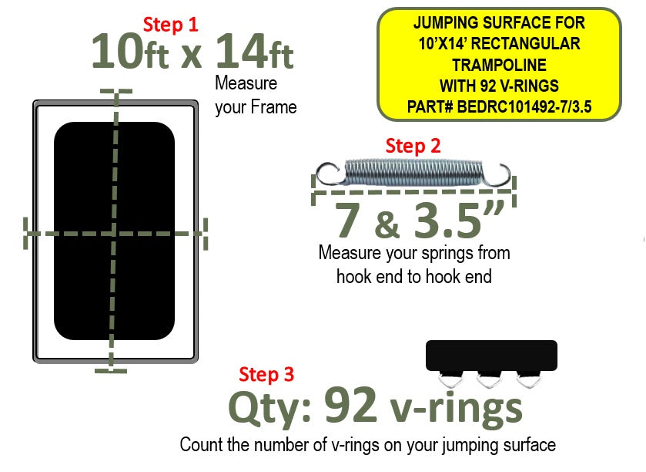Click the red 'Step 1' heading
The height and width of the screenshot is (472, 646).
point(171,25)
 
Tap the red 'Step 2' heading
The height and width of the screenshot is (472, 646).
point(413,146)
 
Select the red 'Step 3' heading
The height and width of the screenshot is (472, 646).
point(266,375)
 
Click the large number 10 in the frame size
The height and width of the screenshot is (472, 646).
point(117,52)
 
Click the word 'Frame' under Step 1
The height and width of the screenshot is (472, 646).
point(273,108)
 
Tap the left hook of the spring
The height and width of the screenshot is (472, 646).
point(328,174)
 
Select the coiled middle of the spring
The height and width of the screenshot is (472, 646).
point(413,173)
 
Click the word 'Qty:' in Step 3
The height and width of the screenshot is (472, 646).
point(269,410)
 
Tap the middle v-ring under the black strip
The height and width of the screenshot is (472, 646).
point(489,379)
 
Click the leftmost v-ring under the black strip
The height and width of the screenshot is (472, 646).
point(450,379)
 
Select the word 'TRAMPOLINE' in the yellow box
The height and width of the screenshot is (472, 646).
point(500,66)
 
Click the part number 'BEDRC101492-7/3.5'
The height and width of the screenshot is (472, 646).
point(524,107)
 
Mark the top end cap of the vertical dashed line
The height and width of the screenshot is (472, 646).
point(116,91)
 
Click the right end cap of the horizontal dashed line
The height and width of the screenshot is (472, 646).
point(206,234)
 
